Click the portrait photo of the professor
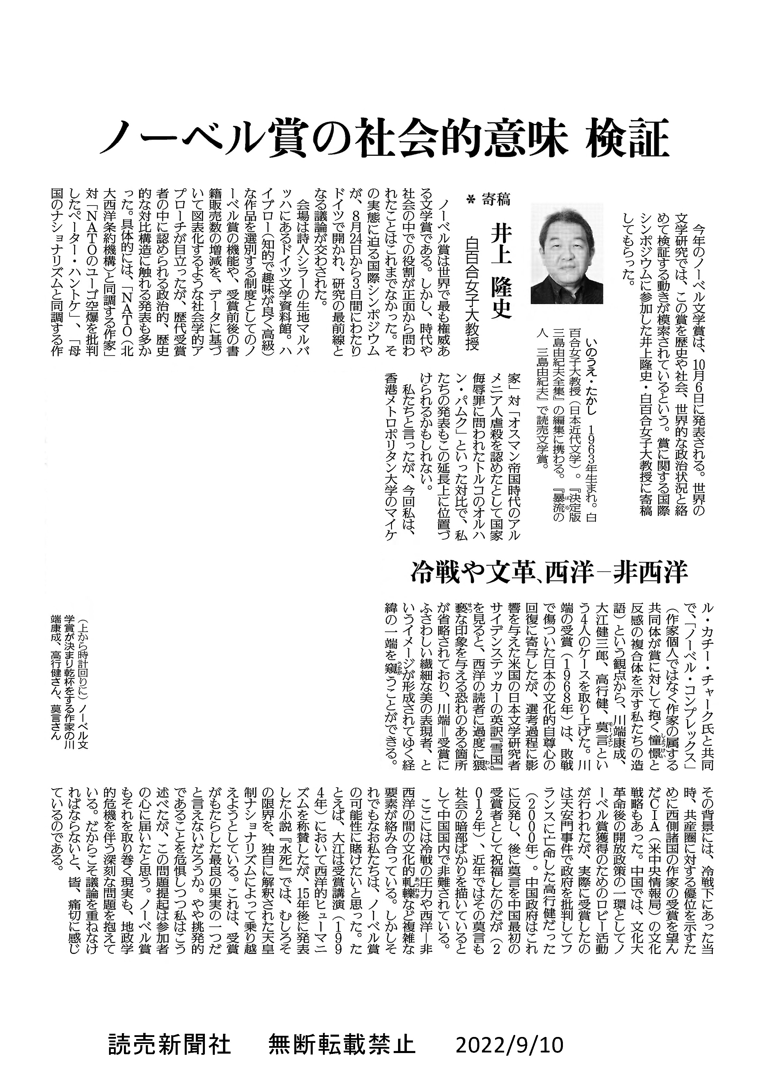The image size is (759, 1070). click(566, 254)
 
